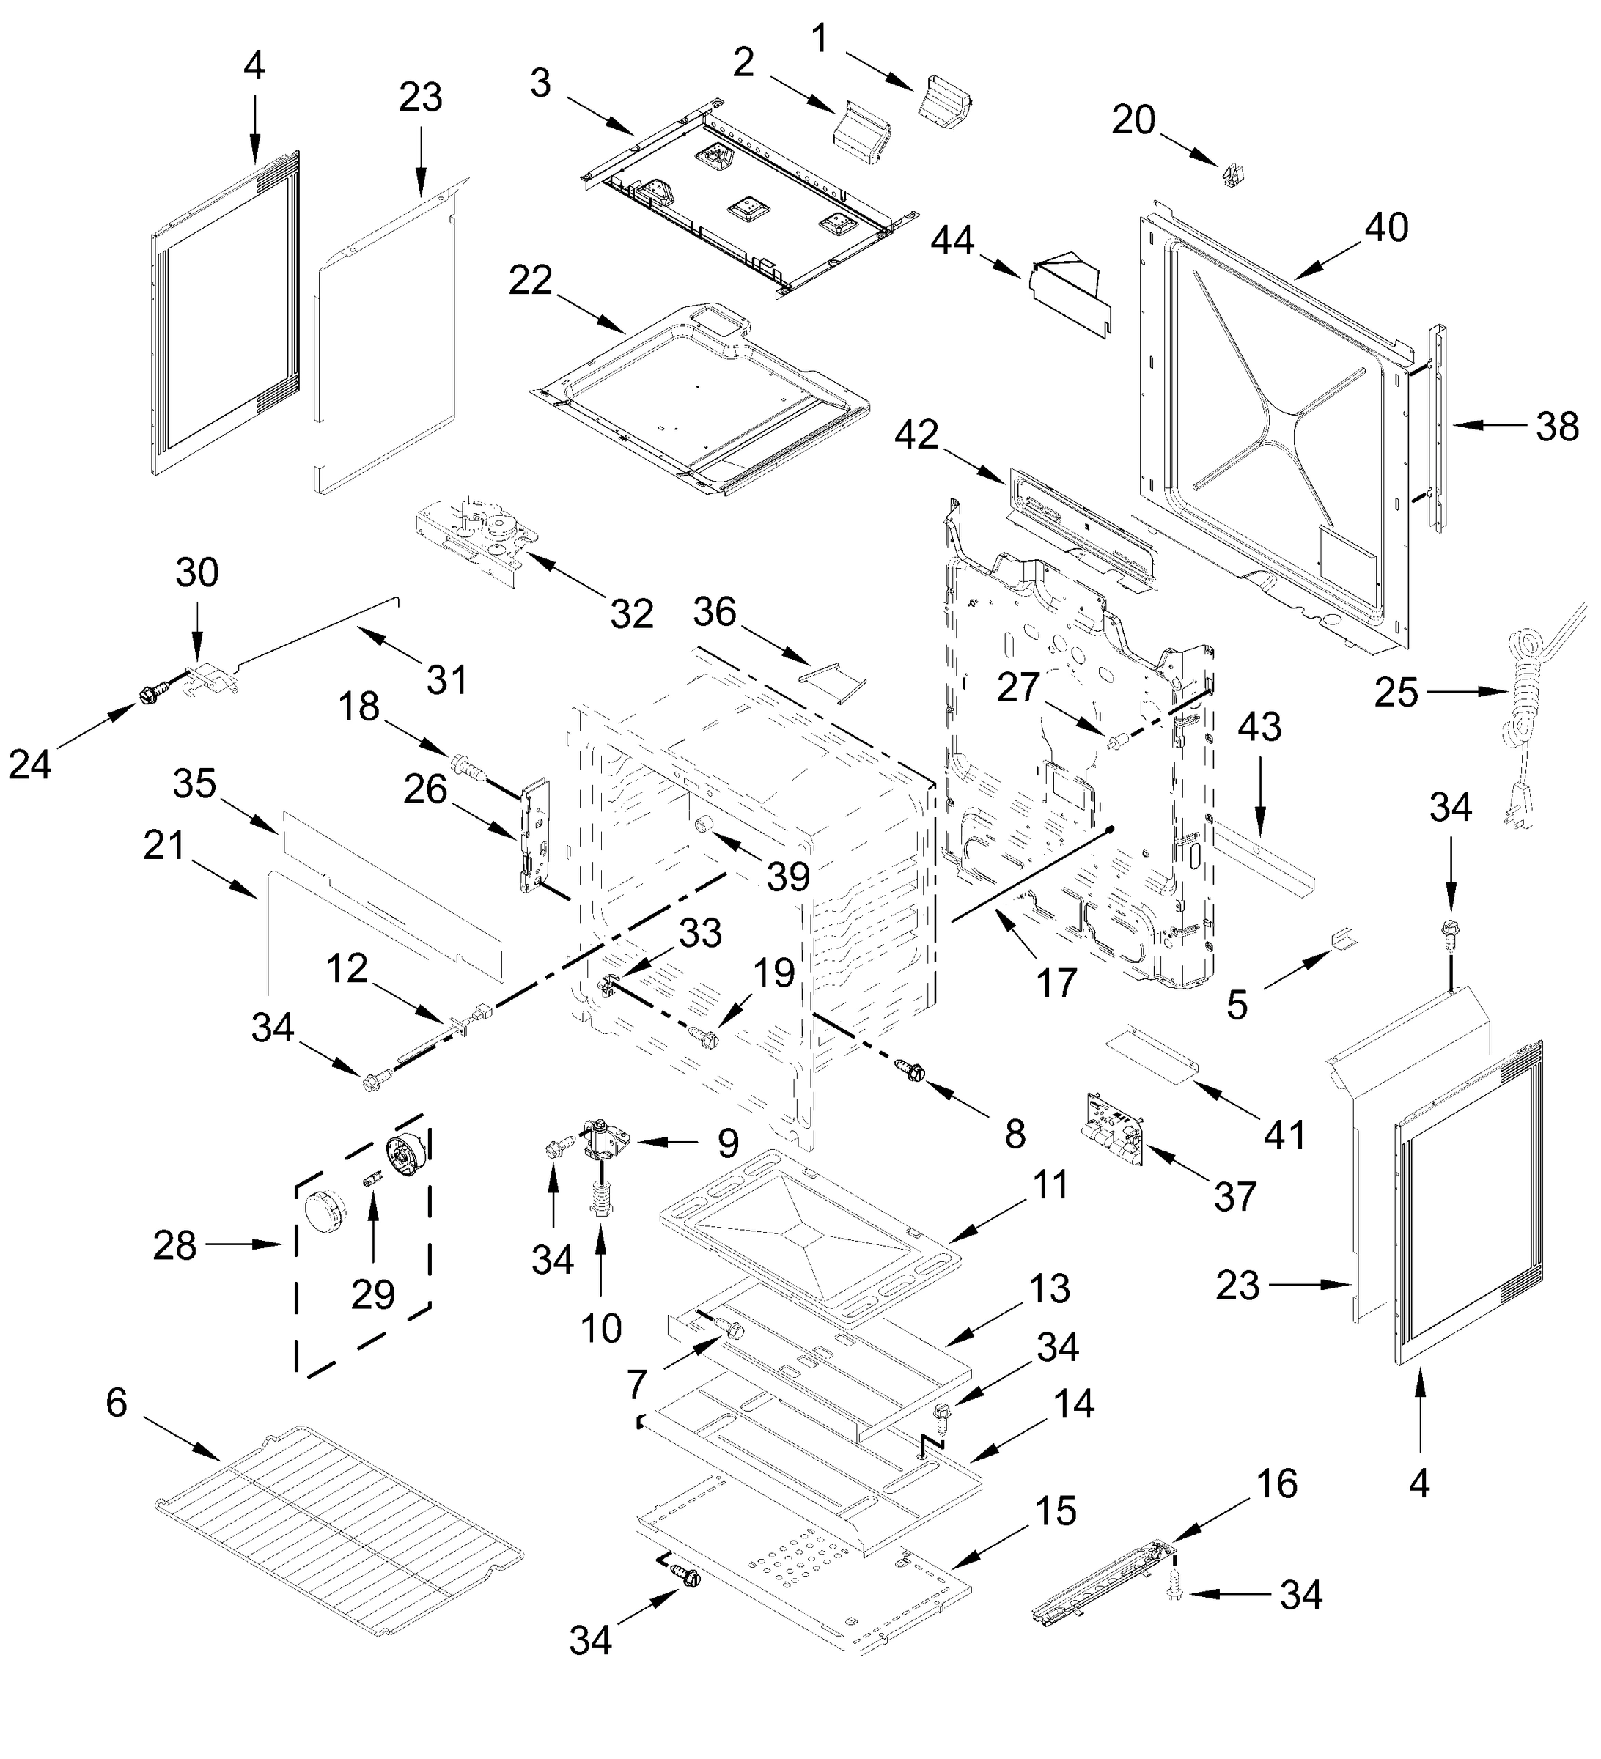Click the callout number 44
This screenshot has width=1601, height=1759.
click(x=952, y=241)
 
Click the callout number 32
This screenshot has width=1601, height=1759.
click(x=631, y=614)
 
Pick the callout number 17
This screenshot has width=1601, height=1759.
click(x=1056, y=984)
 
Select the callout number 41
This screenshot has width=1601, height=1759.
click(x=1284, y=1135)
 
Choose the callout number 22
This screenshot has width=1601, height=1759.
click(x=531, y=281)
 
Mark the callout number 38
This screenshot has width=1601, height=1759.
click(x=1557, y=427)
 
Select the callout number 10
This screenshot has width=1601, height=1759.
click(x=600, y=1329)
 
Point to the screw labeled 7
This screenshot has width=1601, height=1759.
click(x=731, y=1330)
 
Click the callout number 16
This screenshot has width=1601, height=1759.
click(x=1277, y=1483)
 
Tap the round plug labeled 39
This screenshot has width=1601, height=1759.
click(x=702, y=825)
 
